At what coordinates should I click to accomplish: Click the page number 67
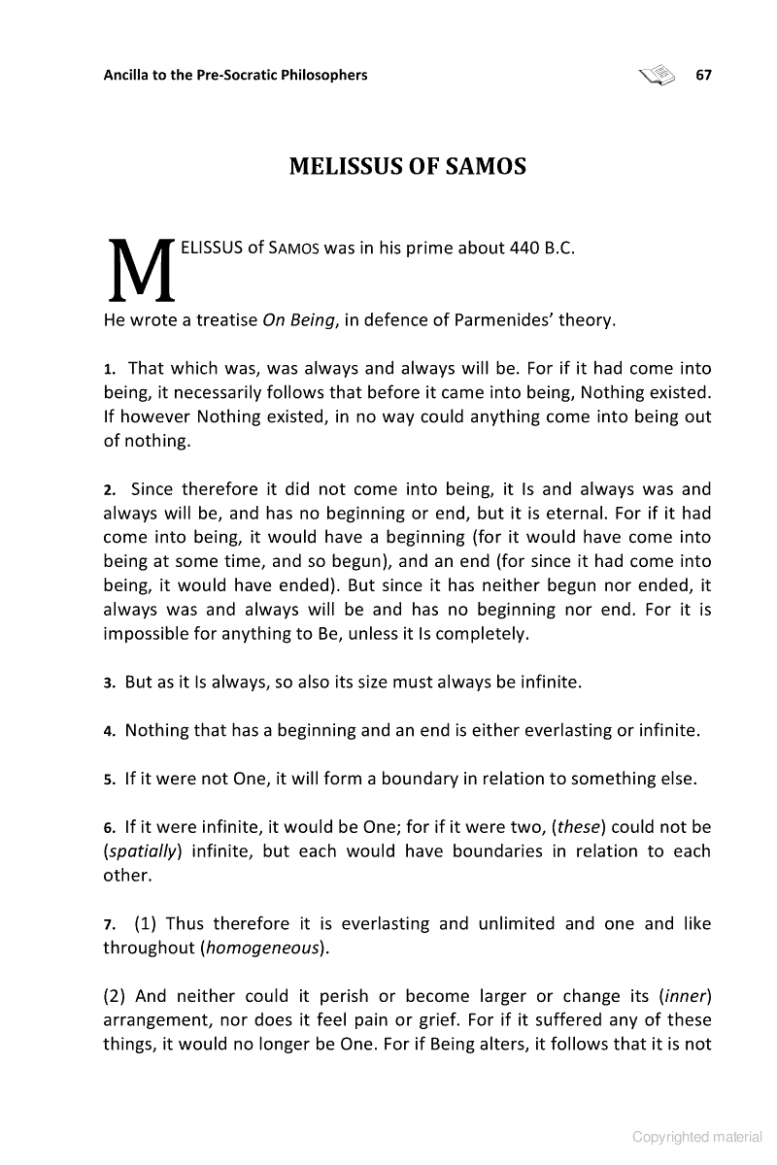(x=704, y=75)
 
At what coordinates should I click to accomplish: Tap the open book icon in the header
(x=657, y=75)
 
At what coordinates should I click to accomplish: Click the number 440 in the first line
(x=524, y=247)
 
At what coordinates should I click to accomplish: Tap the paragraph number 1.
(x=109, y=369)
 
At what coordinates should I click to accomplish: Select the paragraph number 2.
(x=109, y=489)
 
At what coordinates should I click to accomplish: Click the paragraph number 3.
(x=109, y=682)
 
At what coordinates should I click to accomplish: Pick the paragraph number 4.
(x=109, y=731)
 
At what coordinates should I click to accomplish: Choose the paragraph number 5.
(x=109, y=779)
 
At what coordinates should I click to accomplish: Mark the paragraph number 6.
(x=109, y=827)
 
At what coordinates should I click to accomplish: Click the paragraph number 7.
(x=109, y=923)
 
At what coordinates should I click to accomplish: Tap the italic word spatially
(x=144, y=851)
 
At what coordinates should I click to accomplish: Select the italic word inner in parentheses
(x=686, y=996)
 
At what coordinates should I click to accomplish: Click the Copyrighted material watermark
(x=696, y=1137)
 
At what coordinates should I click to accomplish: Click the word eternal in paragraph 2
(x=579, y=514)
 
